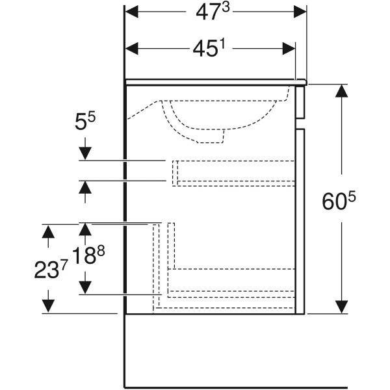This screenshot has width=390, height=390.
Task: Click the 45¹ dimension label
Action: tap(209, 48)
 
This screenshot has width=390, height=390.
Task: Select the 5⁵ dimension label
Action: tap(85, 122)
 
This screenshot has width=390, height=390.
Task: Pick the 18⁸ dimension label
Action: tap(88, 255)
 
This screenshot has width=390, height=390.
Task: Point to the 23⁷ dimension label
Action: tap(51, 270)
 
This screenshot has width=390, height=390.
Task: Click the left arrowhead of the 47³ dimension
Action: tap(132, 12)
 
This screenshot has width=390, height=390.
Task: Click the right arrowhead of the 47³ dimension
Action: tap(300, 12)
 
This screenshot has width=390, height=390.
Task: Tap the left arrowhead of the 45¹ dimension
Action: tap(132, 48)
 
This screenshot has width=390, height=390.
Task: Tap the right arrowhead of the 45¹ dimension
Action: tap(289, 48)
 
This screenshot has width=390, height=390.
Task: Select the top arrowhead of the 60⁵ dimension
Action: tap(341, 91)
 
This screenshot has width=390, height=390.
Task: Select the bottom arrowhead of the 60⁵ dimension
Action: tap(341, 307)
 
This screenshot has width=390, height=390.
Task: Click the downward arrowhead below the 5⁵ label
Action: tap(85, 153)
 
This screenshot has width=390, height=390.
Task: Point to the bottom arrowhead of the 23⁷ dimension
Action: tap(48, 306)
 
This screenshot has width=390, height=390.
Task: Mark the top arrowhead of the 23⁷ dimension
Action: tap(48, 231)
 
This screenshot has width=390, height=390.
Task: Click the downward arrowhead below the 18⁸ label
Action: tap(85, 287)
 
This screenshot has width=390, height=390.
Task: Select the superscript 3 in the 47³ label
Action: tap(226, 8)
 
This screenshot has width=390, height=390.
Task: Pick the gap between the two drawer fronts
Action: tap(300, 123)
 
